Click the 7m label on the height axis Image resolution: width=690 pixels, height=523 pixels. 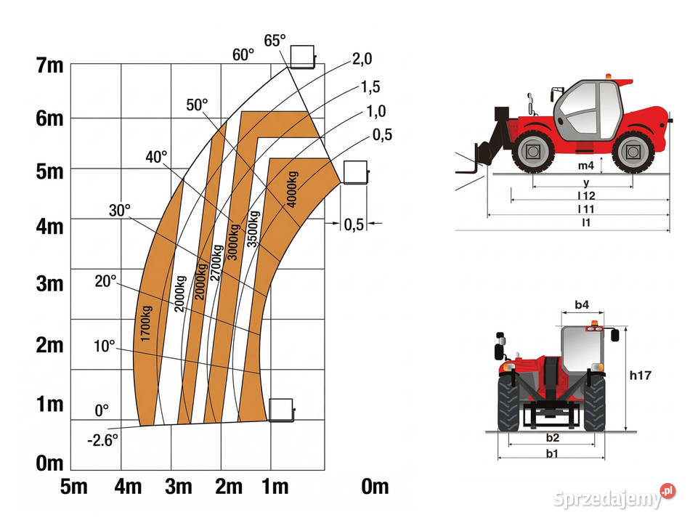click(x=49, y=65)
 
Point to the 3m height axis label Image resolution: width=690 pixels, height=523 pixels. click(x=49, y=284)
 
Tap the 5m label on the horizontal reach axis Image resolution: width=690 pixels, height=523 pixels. click(x=74, y=487)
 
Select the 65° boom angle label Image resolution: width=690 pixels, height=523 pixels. click(x=275, y=41)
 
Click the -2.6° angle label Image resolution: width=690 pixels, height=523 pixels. click(x=102, y=439)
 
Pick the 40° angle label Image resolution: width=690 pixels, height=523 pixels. click(x=156, y=157)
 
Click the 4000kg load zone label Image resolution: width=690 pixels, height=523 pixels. click(x=292, y=189)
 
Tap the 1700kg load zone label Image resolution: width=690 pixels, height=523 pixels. click(x=146, y=323)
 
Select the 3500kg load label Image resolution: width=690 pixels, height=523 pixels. click(x=253, y=229)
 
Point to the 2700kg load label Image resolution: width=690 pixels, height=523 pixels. click(x=216, y=263)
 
